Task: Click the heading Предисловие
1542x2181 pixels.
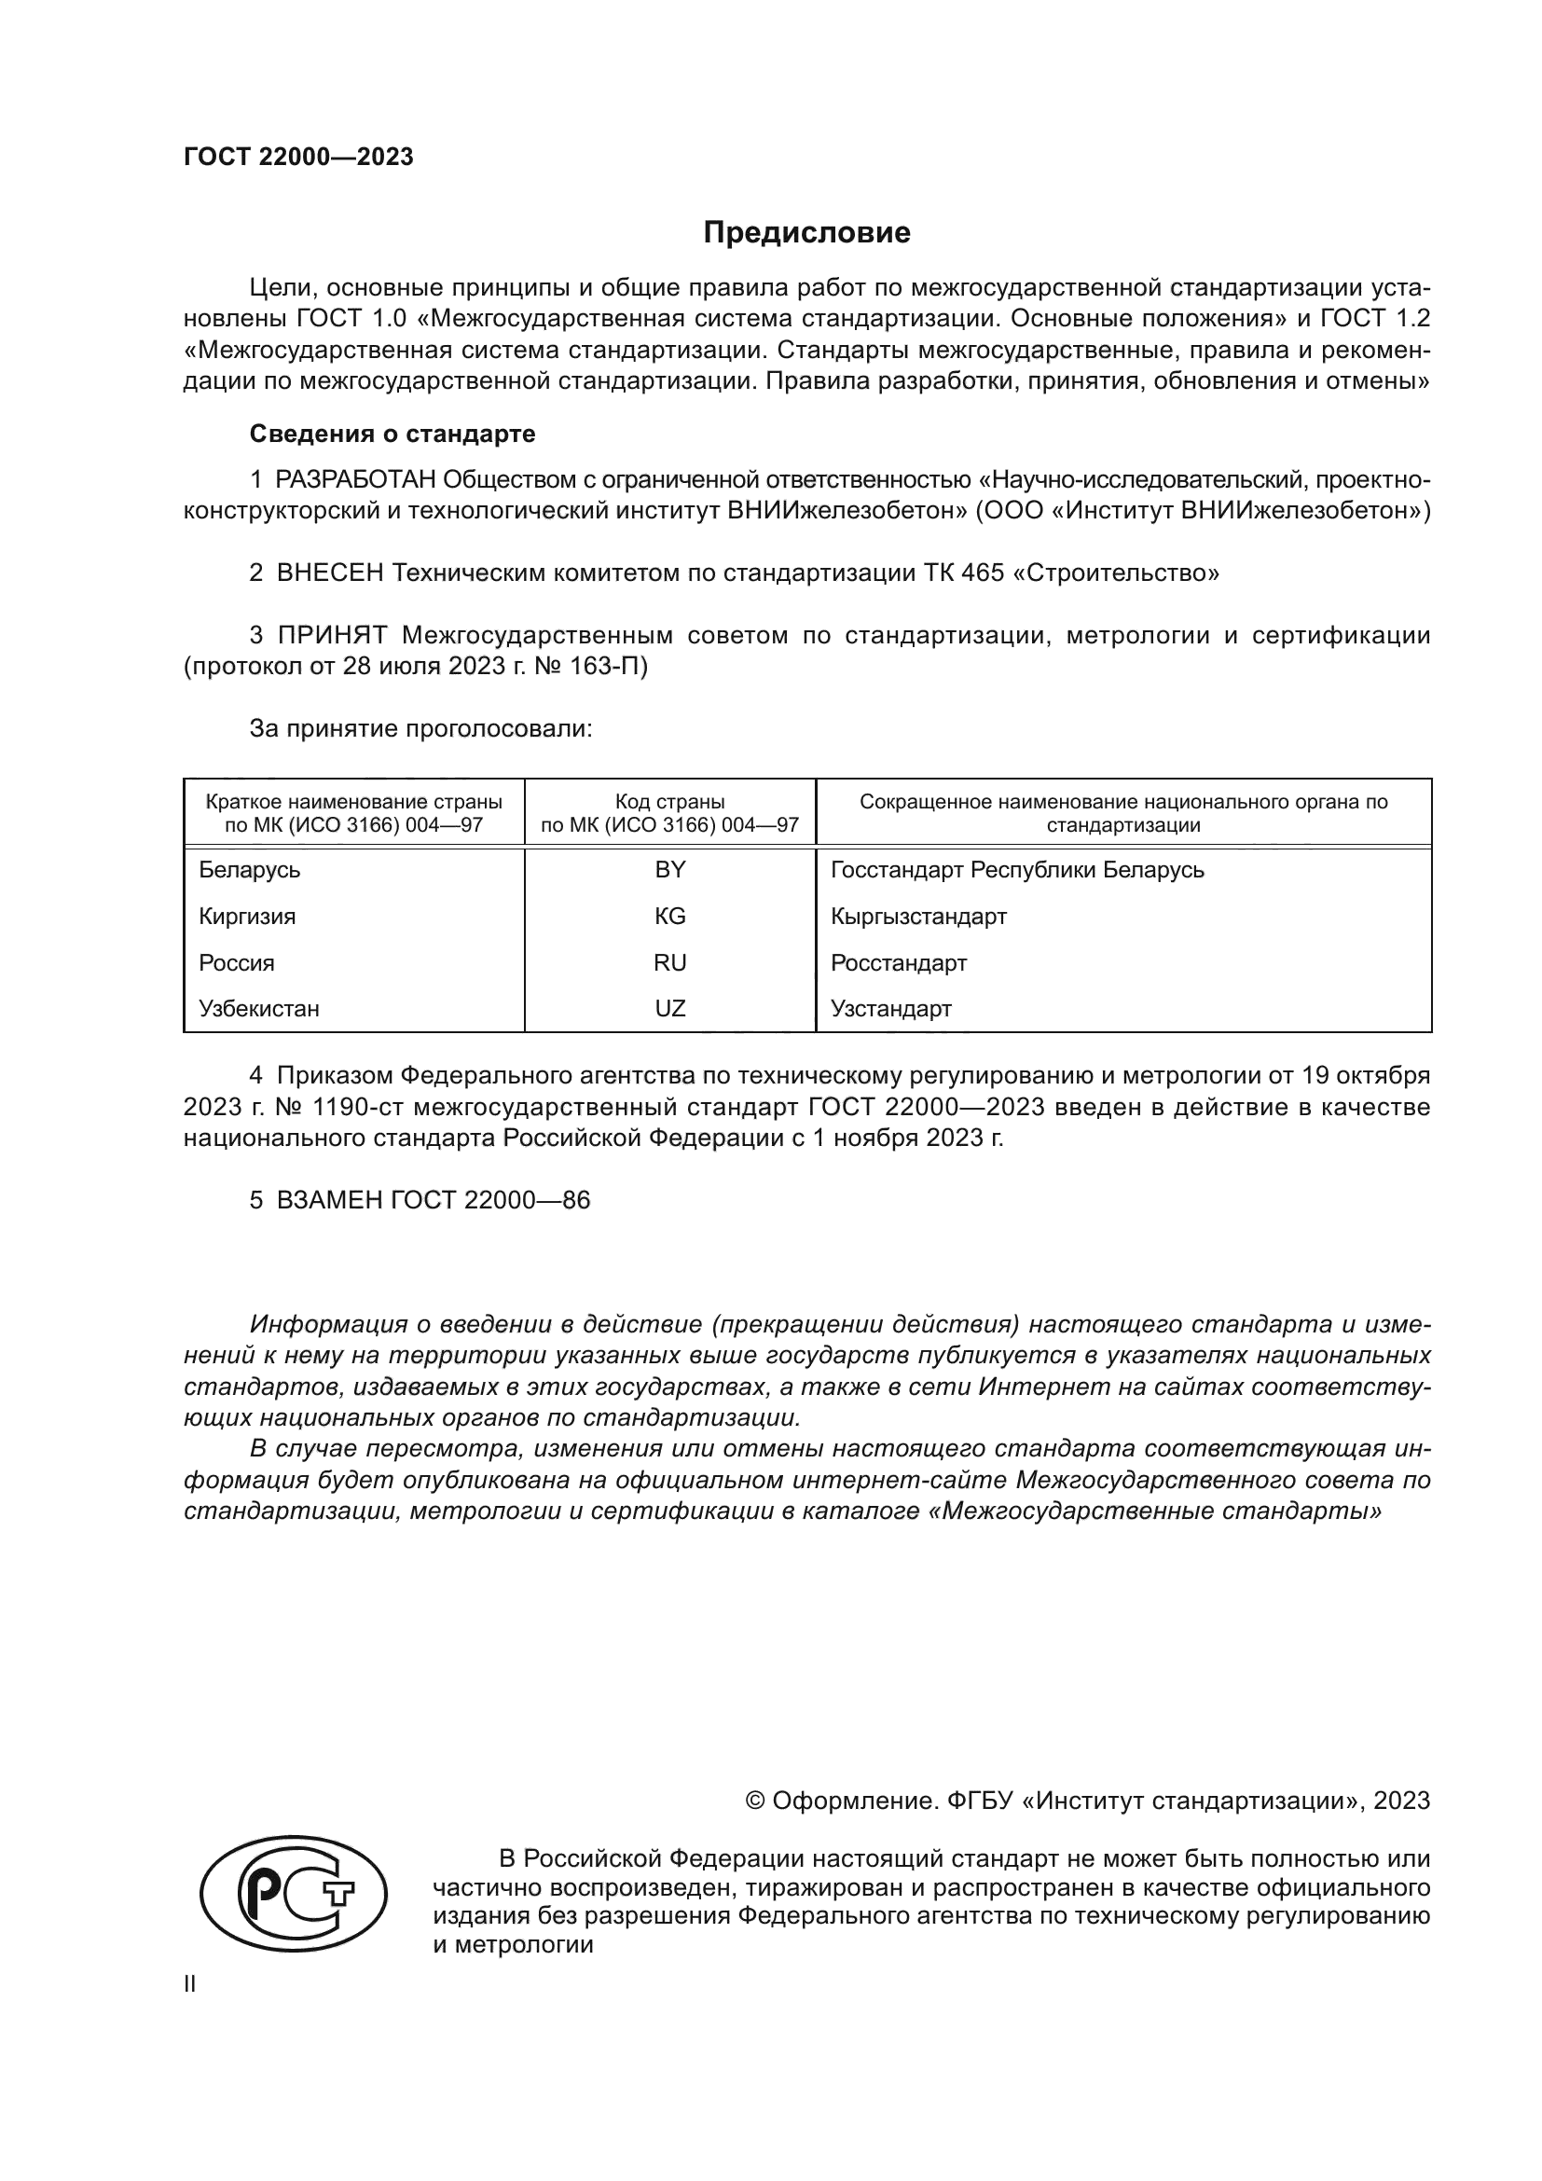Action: [x=806, y=233]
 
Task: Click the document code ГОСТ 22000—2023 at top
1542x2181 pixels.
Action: [x=298, y=158]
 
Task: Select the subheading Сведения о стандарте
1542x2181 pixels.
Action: [x=392, y=435]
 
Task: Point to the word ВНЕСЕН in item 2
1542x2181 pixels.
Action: [x=330, y=573]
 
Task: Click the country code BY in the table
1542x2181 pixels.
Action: [x=669, y=870]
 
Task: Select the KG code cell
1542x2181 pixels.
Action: [x=669, y=917]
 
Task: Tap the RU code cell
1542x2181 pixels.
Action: [x=669, y=963]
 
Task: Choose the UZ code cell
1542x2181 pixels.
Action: [x=669, y=1009]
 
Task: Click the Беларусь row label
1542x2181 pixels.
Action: [x=250, y=870]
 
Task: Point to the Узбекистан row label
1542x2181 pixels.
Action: [x=259, y=1009]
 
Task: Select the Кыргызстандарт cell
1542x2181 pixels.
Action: [x=918, y=917]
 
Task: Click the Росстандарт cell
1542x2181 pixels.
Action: [x=898, y=963]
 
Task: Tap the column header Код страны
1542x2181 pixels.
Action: [x=669, y=802]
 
